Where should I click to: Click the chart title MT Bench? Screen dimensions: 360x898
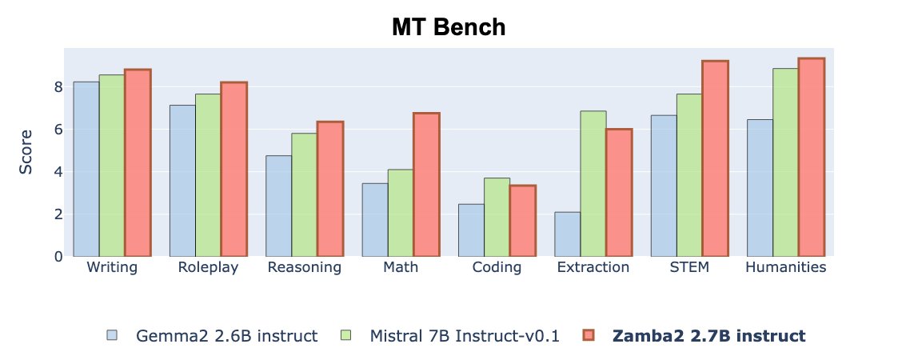pos(449,27)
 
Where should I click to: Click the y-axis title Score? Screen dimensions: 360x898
pos(26,151)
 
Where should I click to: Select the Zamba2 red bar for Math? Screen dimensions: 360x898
pos(426,185)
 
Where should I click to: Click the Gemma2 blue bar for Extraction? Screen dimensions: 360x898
pos(567,234)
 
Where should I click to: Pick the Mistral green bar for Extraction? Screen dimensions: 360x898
pos(593,184)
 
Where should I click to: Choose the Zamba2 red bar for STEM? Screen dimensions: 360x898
pos(715,158)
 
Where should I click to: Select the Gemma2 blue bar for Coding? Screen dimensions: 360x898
pos(471,230)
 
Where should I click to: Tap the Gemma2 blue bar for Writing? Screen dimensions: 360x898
pos(86,169)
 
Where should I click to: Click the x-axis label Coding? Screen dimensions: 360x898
pos(497,267)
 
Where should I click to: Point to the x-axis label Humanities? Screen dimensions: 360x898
pos(785,267)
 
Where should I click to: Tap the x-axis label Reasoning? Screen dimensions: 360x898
pos(305,267)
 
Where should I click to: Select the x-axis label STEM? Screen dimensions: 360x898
pos(689,267)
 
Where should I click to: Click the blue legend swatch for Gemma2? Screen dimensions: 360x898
pos(111,336)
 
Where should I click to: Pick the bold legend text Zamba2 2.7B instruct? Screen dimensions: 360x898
pos(708,336)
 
